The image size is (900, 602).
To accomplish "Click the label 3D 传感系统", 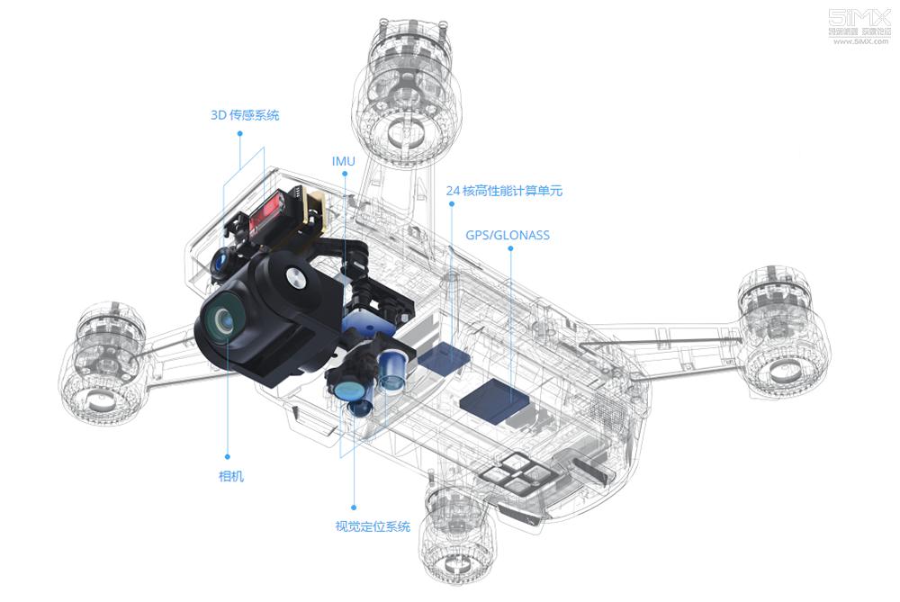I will [245, 115].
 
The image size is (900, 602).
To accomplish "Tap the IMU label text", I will [344, 161].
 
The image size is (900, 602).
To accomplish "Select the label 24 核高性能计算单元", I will [504, 191].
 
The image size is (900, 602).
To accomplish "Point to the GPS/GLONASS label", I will [508, 236].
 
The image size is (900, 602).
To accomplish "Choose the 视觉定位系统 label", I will [373, 526].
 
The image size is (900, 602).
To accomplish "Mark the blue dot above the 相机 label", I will [227, 457].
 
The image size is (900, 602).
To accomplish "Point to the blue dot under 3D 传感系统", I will [240, 133].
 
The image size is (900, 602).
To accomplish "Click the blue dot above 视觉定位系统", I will [353, 507].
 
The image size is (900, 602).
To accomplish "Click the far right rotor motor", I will [782, 333].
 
